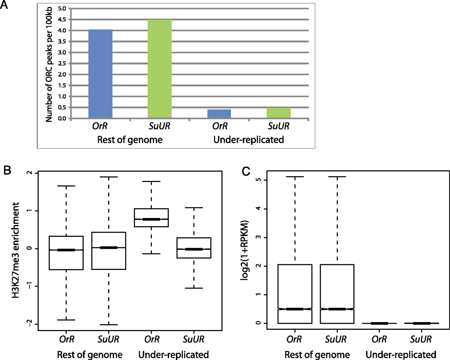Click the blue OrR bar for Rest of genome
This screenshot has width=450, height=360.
pos(101,74)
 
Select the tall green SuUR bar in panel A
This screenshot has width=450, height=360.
pos(160,69)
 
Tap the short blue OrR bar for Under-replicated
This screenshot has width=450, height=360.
pos(219,114)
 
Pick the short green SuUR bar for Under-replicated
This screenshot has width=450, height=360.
pos(278,113)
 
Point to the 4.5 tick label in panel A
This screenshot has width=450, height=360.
pos(62,20)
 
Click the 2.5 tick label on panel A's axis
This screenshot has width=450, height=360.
pos(62,64)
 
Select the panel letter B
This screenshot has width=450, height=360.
pos(7,171)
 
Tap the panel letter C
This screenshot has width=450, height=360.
pos(246,171)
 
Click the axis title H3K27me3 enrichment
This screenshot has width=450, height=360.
pos(16,250)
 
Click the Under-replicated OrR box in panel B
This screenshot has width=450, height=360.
pos(151,217)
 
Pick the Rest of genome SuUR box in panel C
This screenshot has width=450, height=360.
pos(337,293)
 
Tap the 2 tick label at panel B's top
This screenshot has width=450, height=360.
pos(29,173)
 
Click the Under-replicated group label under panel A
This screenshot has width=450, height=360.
pos(249,140)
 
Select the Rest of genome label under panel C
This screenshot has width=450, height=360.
pos(317,354)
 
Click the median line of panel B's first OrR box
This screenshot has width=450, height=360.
pos(66,250)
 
